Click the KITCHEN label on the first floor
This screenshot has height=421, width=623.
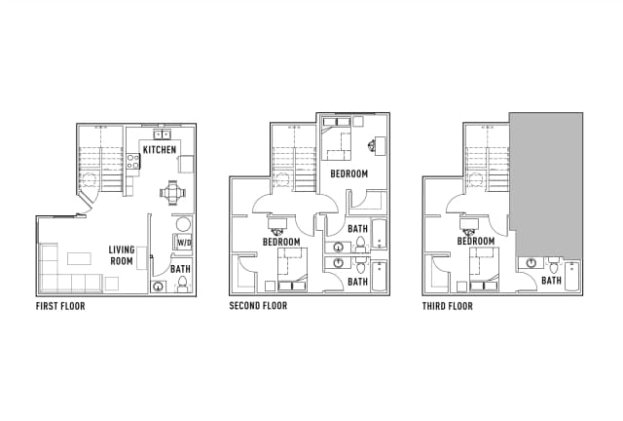pos(160,150)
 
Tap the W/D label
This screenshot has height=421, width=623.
pos(184,243)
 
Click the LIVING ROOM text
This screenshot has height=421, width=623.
pos(122,255)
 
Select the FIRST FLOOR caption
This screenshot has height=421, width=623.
pos(60,306)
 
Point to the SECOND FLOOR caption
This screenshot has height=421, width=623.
pos(258,306)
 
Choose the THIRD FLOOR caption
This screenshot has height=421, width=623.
pos(448,306)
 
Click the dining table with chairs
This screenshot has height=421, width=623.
pos(173,193)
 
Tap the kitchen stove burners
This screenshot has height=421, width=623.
pos(133,161)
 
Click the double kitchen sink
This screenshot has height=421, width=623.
pos(163,134)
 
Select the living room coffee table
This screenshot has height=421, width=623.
pos(79,258)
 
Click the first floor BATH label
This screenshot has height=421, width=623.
pos(180,269)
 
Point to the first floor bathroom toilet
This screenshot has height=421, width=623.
pos(182,285)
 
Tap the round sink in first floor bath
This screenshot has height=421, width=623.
pos(159,287)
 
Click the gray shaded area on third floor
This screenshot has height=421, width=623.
pos(547,184)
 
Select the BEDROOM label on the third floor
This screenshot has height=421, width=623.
pos(476,241)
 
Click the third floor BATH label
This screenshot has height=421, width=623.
pos(552,281)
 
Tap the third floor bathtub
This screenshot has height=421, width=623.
pos(572,277)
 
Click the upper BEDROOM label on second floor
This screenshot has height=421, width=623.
pos(348,173)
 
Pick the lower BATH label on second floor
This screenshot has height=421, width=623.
pos(357,282)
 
